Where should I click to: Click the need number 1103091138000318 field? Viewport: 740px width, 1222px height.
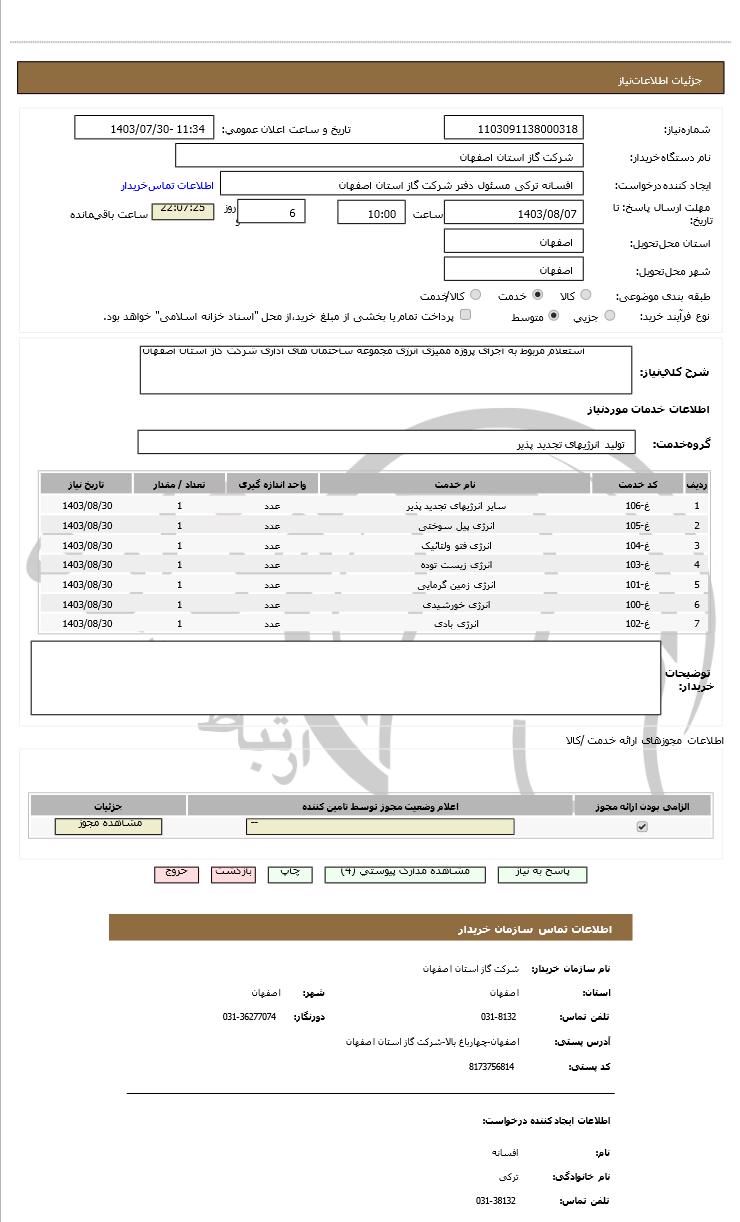(513, 129)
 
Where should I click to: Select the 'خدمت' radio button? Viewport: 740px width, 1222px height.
(538, 295)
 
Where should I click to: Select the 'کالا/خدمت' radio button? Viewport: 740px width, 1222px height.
(475, 295)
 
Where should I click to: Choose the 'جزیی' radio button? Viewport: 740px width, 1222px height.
(610, 316)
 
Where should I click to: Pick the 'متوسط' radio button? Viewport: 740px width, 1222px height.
(553, 316)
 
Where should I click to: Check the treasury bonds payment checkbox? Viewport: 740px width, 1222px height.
(465, 316)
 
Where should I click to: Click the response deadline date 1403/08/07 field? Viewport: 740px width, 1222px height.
(513, 213)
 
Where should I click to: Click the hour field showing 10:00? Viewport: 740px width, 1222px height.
(371, 213)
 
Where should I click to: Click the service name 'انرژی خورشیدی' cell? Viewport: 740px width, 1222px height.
(457, 605)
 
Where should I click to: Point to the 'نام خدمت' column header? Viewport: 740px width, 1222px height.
(456, 484)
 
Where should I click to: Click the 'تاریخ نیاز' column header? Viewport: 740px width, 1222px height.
(87, 484)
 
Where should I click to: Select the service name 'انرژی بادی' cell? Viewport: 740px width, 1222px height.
(457, 624)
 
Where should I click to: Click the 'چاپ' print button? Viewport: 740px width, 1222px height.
(289, 873)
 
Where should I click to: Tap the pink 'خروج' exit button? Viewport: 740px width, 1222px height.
(176, 873)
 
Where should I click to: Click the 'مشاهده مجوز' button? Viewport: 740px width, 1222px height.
(108, 826)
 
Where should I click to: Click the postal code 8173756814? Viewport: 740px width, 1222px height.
(491, 1067)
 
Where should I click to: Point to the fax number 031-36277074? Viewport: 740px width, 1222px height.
(249, 1017)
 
